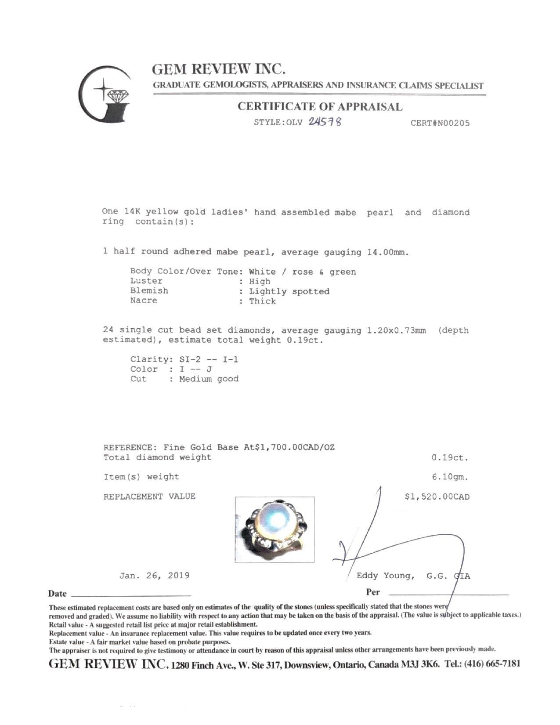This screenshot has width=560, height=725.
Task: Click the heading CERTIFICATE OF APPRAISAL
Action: [x=320, y=107]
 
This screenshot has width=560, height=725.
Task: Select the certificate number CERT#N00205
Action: [x=440, y=123]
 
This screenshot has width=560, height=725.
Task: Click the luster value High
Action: [x=260, y=282]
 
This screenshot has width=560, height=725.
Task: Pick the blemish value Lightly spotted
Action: [x=289, y=291]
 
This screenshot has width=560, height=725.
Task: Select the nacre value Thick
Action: [x=262, y=301]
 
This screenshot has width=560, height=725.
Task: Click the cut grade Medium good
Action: [x=209, y=379]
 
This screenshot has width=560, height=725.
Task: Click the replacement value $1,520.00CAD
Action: [x=437, y=497]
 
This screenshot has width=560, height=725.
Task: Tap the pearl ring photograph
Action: [x=275, y=529]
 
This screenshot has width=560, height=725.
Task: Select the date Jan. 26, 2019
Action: [x=154, y=575]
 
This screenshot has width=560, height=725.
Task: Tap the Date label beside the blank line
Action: [x=58, y=594]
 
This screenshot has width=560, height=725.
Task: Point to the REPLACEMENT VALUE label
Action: [x=149, y=497]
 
